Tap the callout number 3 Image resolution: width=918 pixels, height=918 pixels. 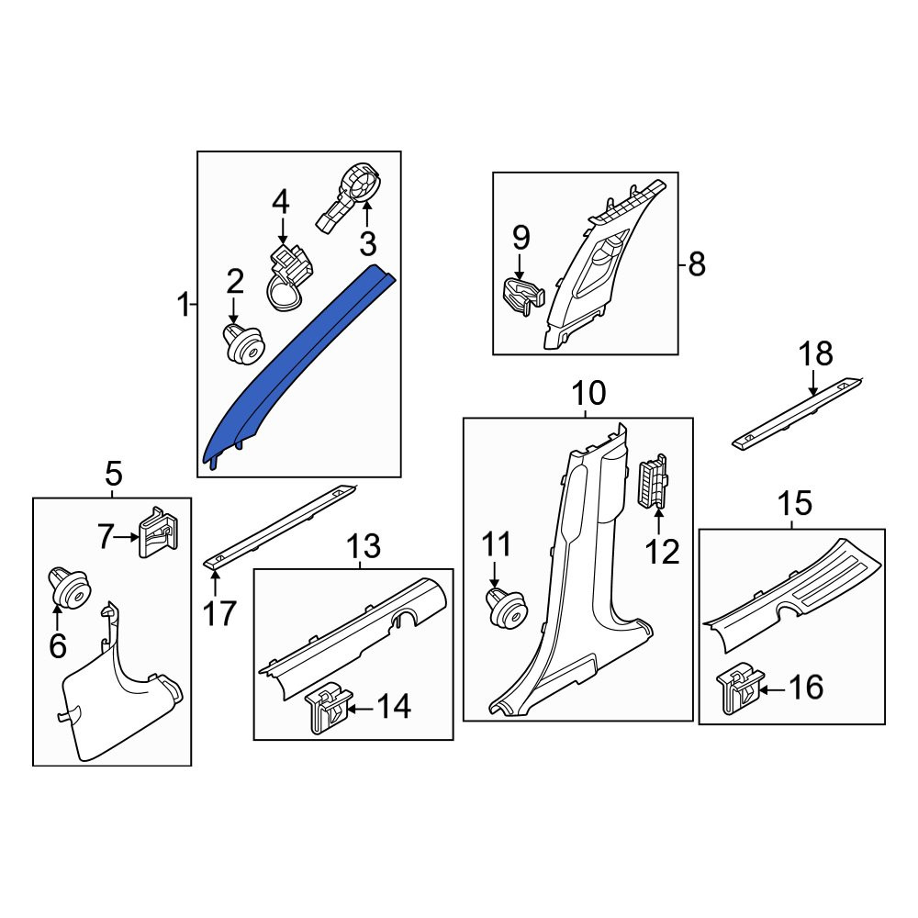[368, 243]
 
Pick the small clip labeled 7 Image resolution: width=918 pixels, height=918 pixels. [158, 532]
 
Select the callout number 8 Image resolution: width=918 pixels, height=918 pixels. [697, 264]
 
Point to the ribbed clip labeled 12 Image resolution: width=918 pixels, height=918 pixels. [652, 481]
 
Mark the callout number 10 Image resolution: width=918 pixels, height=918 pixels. [588, 393]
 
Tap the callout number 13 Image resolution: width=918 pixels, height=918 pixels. [364, 545]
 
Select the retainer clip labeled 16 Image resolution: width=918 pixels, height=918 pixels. [740, 688]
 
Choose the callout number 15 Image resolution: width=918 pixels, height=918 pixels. [795, 503]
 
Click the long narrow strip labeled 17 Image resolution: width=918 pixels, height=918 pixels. [280, 526]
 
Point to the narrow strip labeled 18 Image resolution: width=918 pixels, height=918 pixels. [796, 413]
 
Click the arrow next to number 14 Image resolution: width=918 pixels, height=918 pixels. [360, 709]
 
